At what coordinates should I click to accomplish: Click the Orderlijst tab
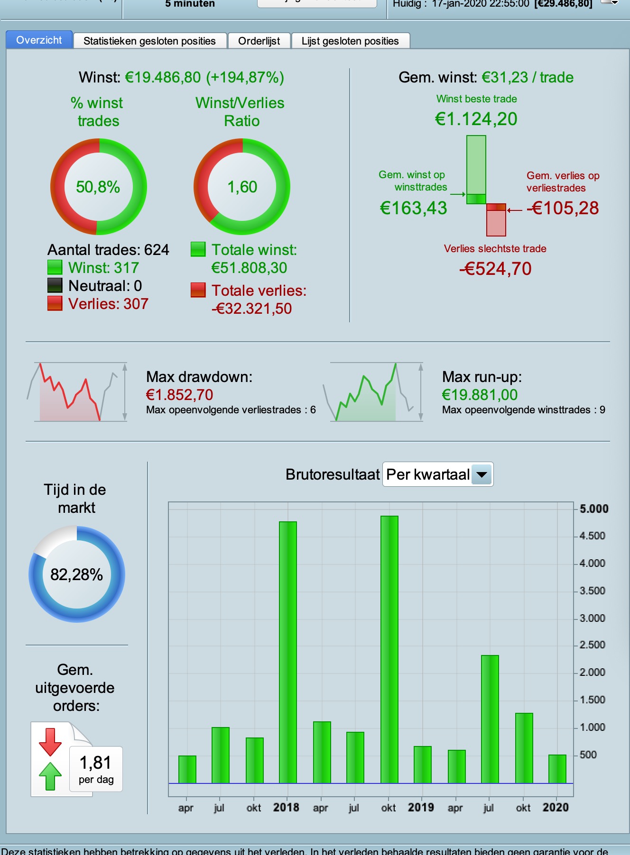pyautogui.click(x=259, y=41)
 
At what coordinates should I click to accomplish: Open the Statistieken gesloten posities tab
pyautogui.click(x=149, y=41)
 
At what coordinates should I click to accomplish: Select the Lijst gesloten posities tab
pyautogui.click(x=350, y=41)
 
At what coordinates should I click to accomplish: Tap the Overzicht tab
pyautogui.click(x=39, y=40)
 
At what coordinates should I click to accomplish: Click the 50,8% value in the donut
pyautogui.click(x=98, y=187)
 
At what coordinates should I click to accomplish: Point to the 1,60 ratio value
pyautogui.click(x=242, y=187)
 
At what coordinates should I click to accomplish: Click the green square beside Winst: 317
pyautogui.click(x=55, y=267)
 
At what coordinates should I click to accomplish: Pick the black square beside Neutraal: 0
pyautogui.click(x=55, y=285)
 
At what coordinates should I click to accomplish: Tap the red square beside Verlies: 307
pyautogui.click(x=55, y=303)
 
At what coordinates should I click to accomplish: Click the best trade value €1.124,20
pyautogui.click(x=476, y=119)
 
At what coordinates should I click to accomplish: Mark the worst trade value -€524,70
pyautogui.click(x=495, y=269)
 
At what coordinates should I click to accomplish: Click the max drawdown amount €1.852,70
pyautogui.click(x=179, y=394)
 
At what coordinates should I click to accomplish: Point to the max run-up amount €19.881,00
pyautogui.click(x=480, y=394)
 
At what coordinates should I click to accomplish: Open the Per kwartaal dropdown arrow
pyautogui.click(x=482, y=474)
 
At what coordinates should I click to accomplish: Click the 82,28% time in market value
pyautogui.click(x=76, y=574)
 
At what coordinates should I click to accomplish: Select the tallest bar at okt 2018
pyautogui.click(x=389, y=649)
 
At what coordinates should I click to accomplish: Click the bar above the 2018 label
pyautogui.click(x=287, y=652)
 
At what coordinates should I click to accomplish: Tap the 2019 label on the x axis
pyautogui.click(x=421, y=807)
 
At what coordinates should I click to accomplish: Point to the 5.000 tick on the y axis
pyautogui.click(x=593, y=509)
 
